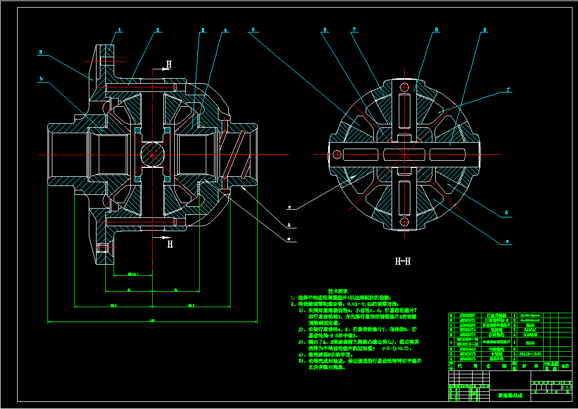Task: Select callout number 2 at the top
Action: [x=158, y=30]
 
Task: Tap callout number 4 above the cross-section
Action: [x=225, y=30]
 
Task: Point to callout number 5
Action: [x=253, y=30]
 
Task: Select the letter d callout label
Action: [x=506, y=212]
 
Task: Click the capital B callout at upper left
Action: [x=40, y=53]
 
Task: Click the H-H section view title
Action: [x=403, y=261]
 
